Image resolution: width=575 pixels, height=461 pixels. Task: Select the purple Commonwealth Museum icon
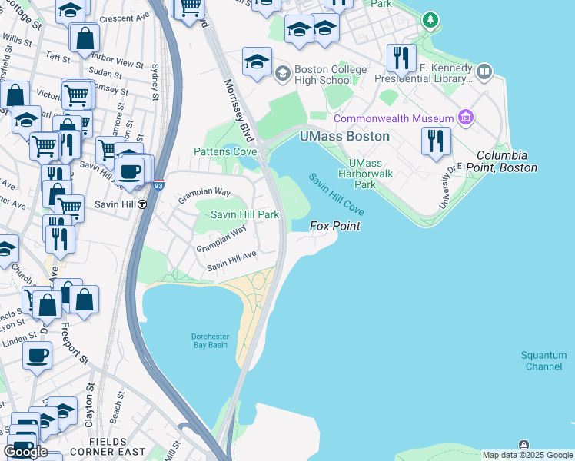point(465,118)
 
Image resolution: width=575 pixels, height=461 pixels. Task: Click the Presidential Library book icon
point(484,73)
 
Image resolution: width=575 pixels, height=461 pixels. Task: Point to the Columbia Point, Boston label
point(507,161)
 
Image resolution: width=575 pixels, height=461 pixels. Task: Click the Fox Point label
point(335,226)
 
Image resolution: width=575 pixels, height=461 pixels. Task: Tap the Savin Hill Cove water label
point(337,194)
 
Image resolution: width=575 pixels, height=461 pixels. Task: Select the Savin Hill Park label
point(244,215)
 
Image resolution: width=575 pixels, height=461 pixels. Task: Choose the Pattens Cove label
point(224,152)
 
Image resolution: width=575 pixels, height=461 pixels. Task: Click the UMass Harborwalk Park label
point(372,174)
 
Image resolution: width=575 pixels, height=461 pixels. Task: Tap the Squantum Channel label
point(543,360)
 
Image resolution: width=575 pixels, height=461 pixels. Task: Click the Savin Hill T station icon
point(142,204)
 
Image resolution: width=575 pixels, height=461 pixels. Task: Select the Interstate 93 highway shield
point(158,185)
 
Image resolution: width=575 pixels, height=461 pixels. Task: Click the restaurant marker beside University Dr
point(436,141)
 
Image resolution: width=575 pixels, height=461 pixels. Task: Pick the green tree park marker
point(432,18)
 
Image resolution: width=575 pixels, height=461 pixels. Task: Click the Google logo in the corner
point(25,451)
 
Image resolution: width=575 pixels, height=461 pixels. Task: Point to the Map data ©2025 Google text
point(527,455)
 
